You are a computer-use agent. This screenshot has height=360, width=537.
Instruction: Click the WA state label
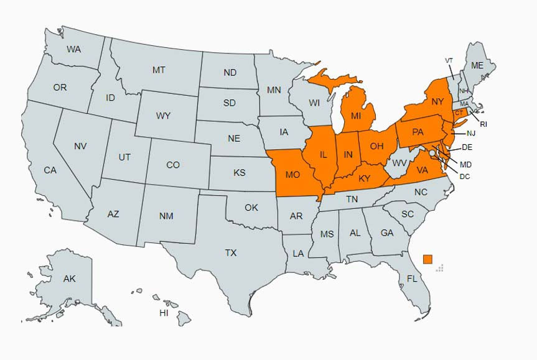[x=74, y=49]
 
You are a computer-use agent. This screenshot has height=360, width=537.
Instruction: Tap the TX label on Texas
[x=231, y=253]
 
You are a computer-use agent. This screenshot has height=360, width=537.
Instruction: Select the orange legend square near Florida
[x=427, y=259]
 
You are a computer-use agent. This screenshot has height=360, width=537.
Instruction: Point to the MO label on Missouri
[x=292, y=174]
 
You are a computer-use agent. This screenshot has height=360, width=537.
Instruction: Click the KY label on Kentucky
[x=365, y=179]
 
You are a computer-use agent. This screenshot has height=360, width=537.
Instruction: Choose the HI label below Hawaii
[x=164, y=313]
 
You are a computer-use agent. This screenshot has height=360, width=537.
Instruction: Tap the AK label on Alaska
[x=69, y=279]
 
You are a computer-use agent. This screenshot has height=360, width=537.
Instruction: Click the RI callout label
[x=483, y=124]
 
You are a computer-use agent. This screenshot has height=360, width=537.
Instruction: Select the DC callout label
[x=464, y=177]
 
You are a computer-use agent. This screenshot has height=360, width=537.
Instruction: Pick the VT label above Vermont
[x=449, y=60]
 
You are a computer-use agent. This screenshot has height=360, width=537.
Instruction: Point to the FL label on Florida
[x=412, y=279]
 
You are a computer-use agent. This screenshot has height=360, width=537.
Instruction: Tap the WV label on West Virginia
[x=399, y=164]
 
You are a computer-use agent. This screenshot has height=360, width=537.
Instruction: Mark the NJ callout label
[x=470, y=134]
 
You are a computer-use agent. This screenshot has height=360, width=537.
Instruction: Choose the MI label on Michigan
[x=356, y=116]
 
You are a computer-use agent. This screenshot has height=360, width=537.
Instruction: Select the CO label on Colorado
[x=173, y=165]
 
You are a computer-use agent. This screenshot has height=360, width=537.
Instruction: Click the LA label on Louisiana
[x=299, y=253]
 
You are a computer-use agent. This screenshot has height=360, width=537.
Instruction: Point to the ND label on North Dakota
[x=230, y=73]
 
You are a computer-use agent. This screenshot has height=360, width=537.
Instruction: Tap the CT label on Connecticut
[x=459, y=113]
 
